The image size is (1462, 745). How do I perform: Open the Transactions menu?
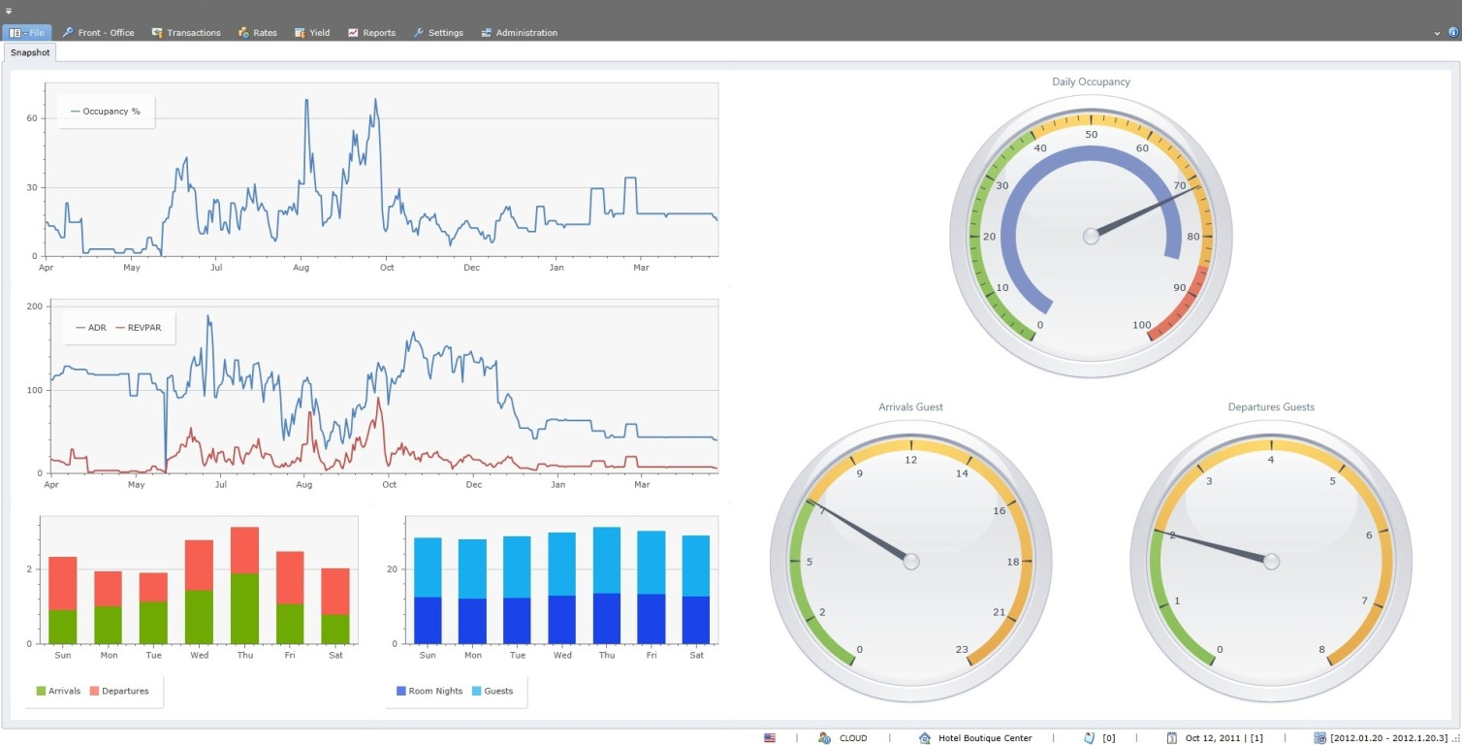(x=186, y=33)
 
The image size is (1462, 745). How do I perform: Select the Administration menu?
(x=520, y=33)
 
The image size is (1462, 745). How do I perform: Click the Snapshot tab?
(x=30, y=52)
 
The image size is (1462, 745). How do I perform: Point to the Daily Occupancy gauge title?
(x=1091, y=81)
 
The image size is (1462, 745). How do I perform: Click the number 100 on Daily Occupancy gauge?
(x=1142, y=324)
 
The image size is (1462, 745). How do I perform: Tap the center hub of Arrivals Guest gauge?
(x=910, y=561)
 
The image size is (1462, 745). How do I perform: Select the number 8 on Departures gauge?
(x=1321, y=649)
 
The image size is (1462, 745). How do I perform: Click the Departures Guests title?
(x=1270, y=406)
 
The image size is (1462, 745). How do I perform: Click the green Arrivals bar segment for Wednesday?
(x=199, y=616)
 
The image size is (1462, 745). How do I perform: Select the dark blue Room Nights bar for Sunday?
(x=428, y=620)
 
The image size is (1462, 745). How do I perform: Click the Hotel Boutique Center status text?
(x=984, y=738)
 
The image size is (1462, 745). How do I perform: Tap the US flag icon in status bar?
(x=770, y=738)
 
